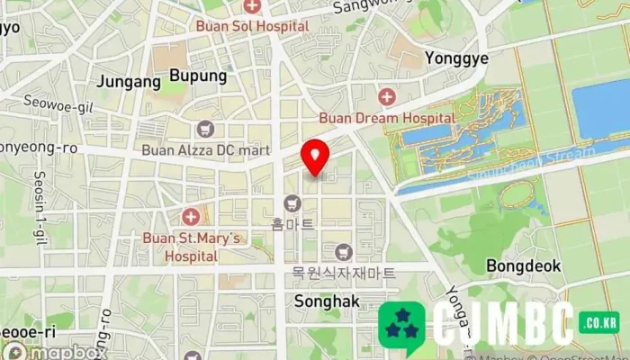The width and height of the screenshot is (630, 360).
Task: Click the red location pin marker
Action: coord(315,157)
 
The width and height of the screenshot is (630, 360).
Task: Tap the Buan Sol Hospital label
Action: coord(253,26)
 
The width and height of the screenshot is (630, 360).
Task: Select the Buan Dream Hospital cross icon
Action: coord(387,97)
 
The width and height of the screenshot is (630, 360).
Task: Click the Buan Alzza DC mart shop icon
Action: coord(205,129)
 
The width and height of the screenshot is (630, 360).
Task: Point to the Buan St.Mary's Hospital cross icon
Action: coord(190,217)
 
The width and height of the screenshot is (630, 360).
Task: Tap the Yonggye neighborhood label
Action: coord(456,58)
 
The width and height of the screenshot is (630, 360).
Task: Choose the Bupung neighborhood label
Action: coord(198,76)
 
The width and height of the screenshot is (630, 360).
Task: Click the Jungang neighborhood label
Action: coord(128,81)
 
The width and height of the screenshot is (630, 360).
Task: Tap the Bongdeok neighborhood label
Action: coord(523,265)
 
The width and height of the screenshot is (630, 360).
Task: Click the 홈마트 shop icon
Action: coord(292,203)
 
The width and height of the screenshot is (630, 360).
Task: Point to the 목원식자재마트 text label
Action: coord(343,271)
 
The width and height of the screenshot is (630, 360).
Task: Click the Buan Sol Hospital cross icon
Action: coord(253,7)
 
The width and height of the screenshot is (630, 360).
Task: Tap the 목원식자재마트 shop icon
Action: coord(342,251)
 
